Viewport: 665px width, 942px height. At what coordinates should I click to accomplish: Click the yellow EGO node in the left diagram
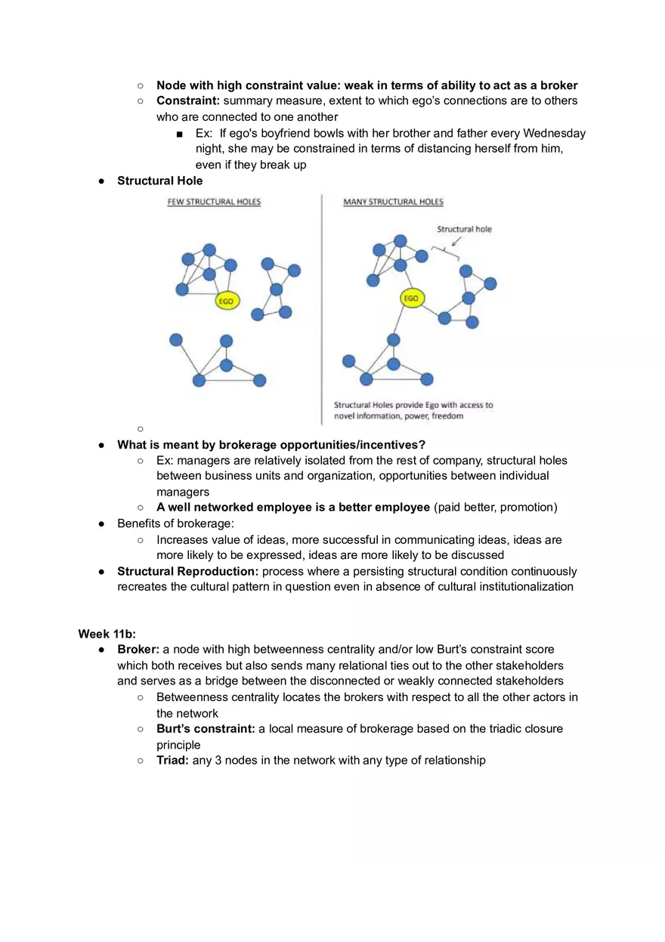(226, 301)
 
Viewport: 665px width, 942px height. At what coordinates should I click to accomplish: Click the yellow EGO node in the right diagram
(411, 298)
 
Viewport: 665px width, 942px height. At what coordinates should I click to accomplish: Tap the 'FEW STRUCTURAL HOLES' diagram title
(214, 202)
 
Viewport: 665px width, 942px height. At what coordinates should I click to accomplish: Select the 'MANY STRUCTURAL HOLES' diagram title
(393, 202)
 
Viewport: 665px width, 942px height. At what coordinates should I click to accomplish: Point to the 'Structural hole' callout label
(464, 229)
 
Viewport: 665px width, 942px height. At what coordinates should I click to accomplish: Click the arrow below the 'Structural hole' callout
(456, 241)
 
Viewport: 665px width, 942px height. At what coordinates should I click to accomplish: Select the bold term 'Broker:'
(138, 649)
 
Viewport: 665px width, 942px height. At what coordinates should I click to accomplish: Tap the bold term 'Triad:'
(172, 760)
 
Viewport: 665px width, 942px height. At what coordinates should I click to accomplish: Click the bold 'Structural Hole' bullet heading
(160, 181)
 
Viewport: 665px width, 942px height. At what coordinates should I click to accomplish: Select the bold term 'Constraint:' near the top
(188, 100)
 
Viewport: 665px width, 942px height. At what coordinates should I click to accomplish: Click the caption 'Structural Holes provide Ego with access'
(413, 405)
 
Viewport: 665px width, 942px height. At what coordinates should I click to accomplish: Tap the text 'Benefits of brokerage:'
(175, 524)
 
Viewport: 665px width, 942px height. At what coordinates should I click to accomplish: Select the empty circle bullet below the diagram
(141, 428)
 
